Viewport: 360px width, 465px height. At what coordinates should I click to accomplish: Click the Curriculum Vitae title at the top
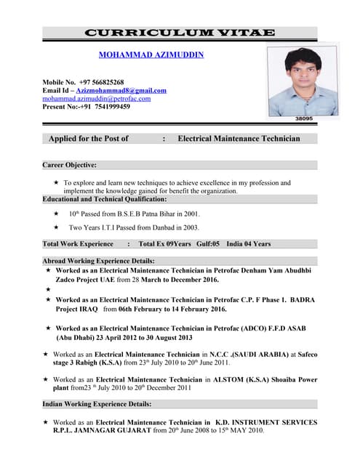pos(180,33)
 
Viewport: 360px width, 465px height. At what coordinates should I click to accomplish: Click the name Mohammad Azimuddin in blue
pos(151,54)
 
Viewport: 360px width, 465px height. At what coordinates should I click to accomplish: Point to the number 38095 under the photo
pos(304,118)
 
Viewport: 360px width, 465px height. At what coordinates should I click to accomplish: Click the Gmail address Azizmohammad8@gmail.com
pos(124,90)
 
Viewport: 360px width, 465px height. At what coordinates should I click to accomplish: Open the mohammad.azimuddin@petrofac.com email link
pos(96,98)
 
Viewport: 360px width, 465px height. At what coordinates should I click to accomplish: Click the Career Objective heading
pos(70,165)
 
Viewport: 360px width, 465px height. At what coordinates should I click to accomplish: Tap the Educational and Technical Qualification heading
pos(105,198)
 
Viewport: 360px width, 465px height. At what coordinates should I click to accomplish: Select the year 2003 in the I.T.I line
pos(191,227)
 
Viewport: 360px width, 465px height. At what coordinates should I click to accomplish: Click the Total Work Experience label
pos(78,244)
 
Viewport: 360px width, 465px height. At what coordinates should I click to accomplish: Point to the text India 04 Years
pos(248,244)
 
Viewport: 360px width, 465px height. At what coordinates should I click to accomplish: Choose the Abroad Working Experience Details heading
pos(98,261)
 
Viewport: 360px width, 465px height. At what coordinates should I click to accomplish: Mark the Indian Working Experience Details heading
pos(97,403)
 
